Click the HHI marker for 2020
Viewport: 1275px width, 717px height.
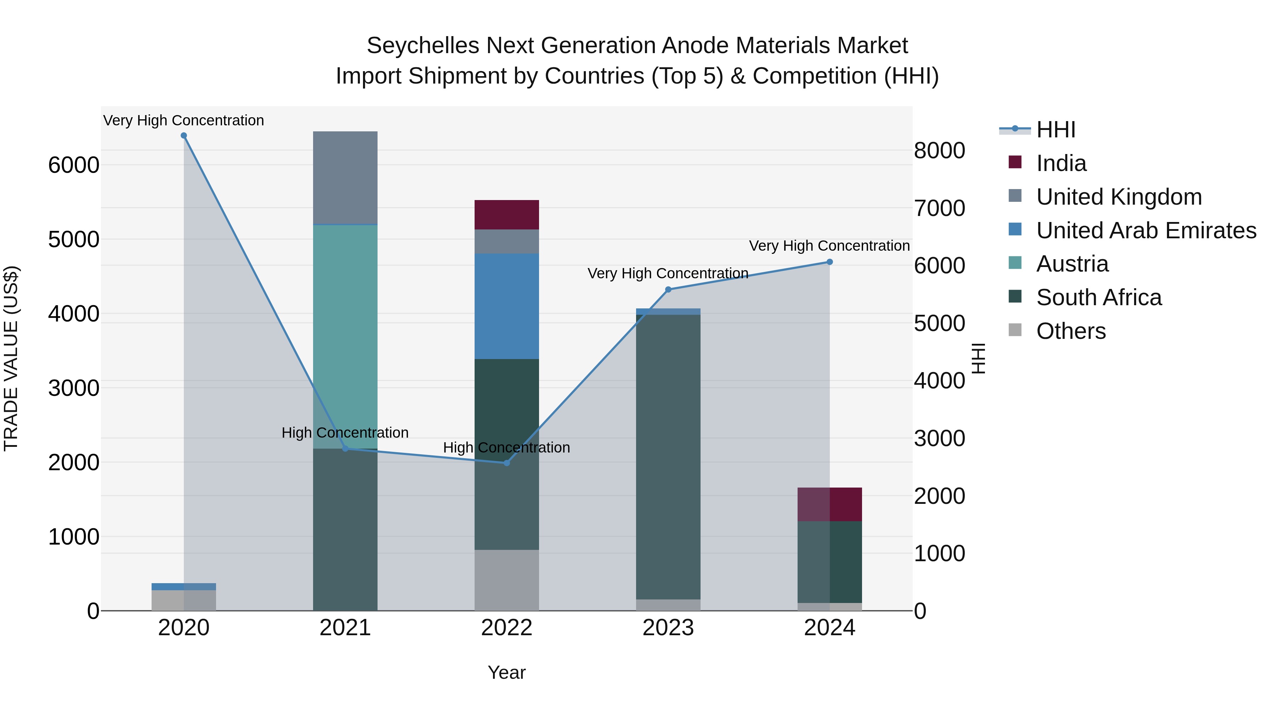[183, 136]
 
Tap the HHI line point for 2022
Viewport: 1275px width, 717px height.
[506, 463]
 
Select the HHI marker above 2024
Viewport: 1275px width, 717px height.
[829, 262]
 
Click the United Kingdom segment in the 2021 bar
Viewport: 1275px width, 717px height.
[345, 178]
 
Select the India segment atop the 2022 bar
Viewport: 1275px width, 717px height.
[506, 215]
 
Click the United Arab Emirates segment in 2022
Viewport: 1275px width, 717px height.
[506, 306]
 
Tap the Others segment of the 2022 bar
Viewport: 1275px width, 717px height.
[506, 580]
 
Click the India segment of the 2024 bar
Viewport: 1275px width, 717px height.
[829, 504]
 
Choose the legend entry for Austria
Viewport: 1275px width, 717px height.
[1072, 264]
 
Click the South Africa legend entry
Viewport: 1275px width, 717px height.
[1098, 297]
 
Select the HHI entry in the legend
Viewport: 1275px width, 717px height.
[1055, 130]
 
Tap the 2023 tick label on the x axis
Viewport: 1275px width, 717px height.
[668, 628]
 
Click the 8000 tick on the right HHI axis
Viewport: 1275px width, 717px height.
[939, 150]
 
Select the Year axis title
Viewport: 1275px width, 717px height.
[506, 672]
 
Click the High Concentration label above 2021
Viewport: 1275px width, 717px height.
[345, 432]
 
